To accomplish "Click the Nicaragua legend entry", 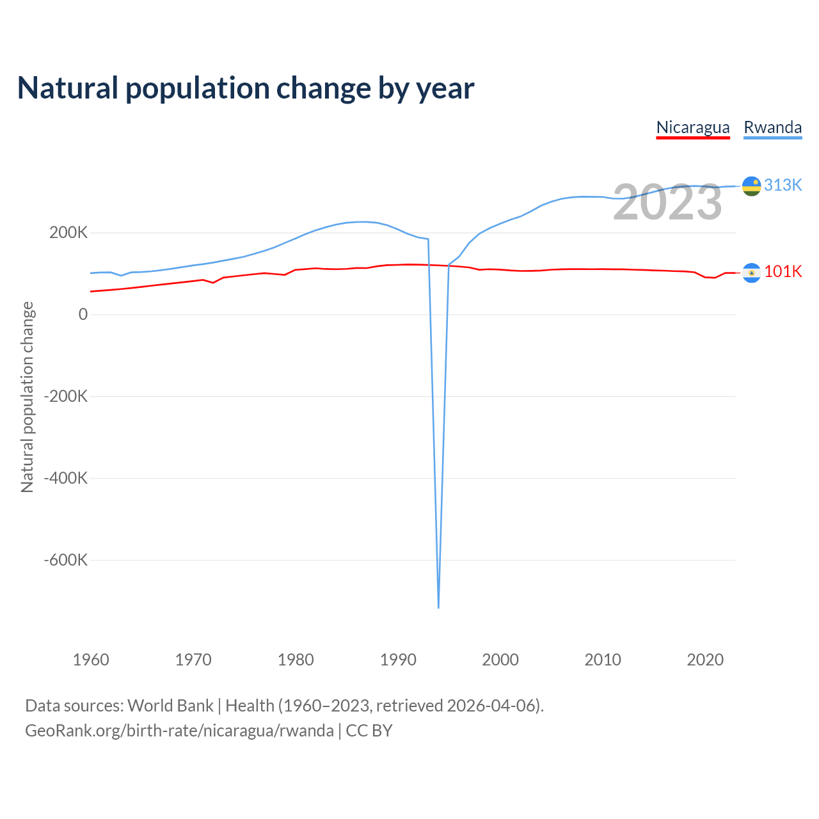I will [x=693, y=127].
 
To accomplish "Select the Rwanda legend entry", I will [x=772, y=127].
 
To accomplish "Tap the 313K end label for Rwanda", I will [x=783, y=185].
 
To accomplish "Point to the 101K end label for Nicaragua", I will [x=783, y=272].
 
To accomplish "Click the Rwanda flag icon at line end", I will [x=751, y=186].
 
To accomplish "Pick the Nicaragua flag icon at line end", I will [x=751, y=273].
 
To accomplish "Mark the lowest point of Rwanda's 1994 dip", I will [x=438, y=607].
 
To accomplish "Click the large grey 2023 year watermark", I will [x=667, y=203].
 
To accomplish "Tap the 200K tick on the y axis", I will [x=68, y=233].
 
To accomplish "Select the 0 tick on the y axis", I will [x=83, y=314].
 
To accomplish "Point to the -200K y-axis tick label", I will [x=66, y=396].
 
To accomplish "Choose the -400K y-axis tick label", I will [x=66, y=478].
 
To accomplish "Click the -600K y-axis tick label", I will [x=66, y=561].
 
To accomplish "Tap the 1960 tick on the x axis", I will [x=91, y=660].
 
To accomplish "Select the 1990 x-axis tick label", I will [x=398, y=660].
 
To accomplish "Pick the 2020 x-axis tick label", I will [x=705, y=660].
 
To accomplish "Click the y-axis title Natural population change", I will [x=28, y=397].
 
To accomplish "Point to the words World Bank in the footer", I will [x=170, y=706].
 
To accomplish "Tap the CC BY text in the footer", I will [x=369, y=731].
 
